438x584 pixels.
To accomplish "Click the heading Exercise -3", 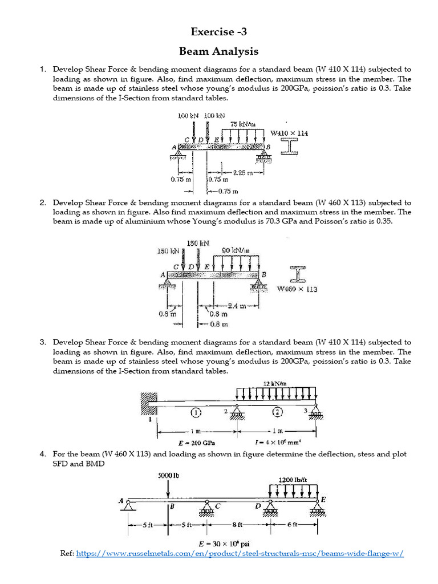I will click(x=219, y=32).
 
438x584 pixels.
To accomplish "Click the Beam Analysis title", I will click(x=219, y=51).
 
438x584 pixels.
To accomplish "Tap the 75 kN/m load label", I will click(x=242, y=124).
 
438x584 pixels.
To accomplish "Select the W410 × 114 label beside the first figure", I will click(x=289, y=133).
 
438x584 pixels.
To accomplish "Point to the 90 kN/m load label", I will click(x=236, y=250).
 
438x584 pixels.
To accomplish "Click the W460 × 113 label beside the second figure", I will click(x=297, y=289).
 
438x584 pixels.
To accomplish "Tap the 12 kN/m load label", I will click(x=275, y=384).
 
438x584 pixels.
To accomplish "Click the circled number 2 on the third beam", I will click(x=277, y=412).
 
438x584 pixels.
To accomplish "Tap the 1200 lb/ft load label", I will click(x=293, y=480).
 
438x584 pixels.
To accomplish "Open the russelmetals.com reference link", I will click(x=240, y=554).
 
